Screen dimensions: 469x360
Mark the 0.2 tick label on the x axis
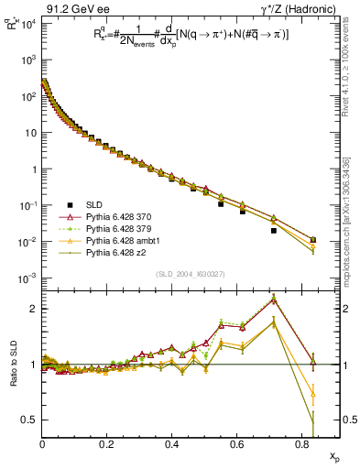tap(107, 450)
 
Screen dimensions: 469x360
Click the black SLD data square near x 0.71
tap(274, 231)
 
